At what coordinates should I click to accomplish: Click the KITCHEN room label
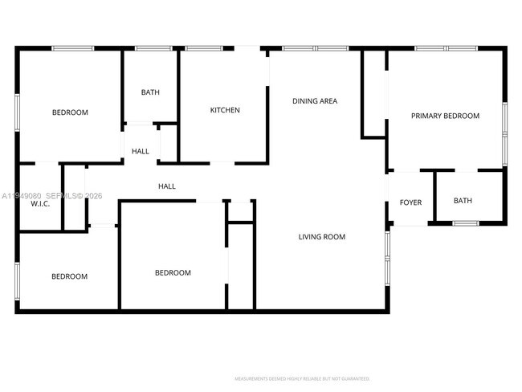(x=225, y=110)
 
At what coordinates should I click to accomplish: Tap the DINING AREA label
(x=315, y=101)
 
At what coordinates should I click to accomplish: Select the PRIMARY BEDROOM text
(x=445, y=116)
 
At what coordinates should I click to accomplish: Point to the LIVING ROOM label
(x=322, y=237)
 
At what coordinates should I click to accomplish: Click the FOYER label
(x=410, y=202)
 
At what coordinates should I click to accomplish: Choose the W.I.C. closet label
(x=40, y=203)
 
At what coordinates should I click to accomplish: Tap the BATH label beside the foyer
(x=463, y=201)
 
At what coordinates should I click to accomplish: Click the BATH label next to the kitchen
(x=150, y=92)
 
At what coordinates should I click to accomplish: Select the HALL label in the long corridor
(x=167, y=186)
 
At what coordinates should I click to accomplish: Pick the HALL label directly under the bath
(x=141, y=151)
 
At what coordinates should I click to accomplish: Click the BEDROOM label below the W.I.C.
(x=69, y=276)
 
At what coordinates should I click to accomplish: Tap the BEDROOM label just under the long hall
(x=173, y=273)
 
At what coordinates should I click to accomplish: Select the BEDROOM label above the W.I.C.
(x=70, y=112)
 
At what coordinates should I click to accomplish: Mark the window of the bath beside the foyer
(x=465, y=223)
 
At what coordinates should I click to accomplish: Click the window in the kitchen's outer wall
(x=203, y=48)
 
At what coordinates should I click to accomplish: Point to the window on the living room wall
(x=387, y=257)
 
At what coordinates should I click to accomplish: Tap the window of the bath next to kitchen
(x=150, y=48)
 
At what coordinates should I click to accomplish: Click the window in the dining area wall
(x=315, y=48)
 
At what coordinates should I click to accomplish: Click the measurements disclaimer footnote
(x=301, y=378)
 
